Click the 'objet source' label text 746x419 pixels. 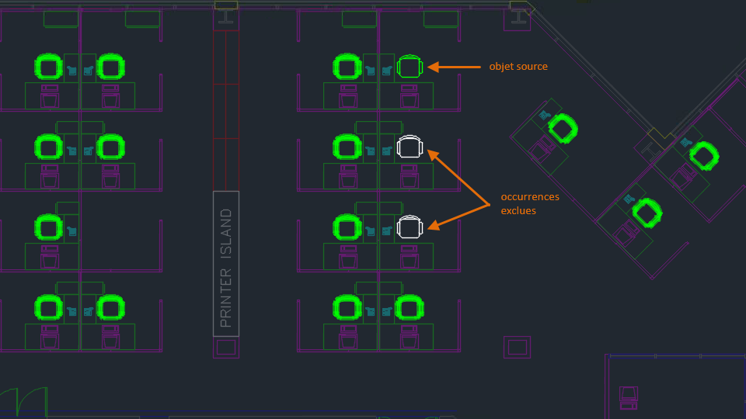518,67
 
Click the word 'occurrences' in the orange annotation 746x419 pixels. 530,196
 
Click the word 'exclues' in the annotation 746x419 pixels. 518,210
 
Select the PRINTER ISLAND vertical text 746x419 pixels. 226,268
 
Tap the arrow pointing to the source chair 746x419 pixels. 454,67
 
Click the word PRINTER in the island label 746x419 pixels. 226,298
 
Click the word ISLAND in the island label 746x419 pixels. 226,234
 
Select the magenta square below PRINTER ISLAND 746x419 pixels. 226,348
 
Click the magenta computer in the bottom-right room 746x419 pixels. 629,398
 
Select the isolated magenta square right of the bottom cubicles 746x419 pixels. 518,348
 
